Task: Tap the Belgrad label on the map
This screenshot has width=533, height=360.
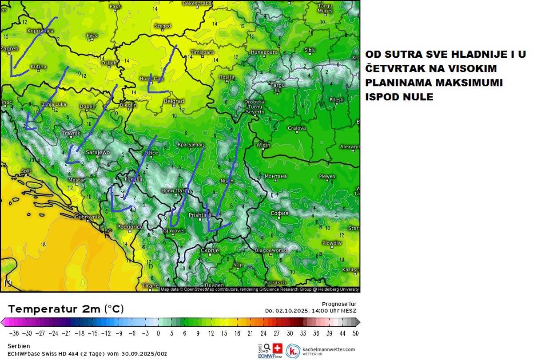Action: tap(174, 101)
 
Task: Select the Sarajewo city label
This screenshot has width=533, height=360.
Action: tap(97, 152)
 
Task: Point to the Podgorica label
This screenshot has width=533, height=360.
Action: tap(130, 227)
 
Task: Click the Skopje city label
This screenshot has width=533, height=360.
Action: tap(210, 251)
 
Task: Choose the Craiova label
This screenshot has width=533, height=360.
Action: tap(297, 128)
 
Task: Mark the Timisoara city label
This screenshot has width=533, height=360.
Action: tap(202, 52)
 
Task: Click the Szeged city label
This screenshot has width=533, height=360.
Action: tap(163, 26)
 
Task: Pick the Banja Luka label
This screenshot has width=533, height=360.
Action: tap(53, 104)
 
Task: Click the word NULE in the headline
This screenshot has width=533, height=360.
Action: tap(418, 97)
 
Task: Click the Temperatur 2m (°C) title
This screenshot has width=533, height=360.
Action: tap(66, 309)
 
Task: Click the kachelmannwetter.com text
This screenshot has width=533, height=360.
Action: tap(329, 349)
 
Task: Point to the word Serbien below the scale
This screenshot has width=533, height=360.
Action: tap(19, 345)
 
